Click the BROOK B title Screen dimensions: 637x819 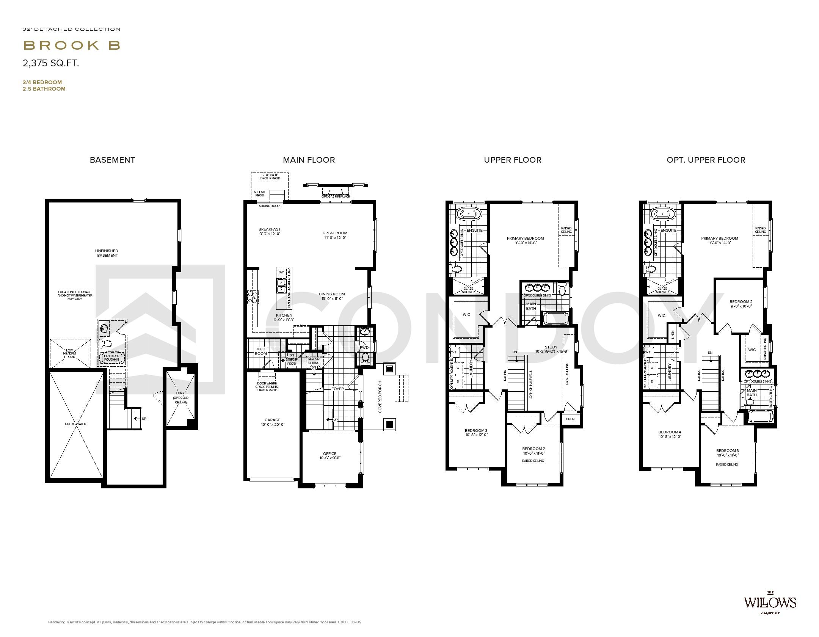72,45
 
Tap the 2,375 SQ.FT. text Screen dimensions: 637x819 51,63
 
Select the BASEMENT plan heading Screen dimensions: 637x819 112,160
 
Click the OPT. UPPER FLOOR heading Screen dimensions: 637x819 706,160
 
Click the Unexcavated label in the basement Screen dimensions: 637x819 75,424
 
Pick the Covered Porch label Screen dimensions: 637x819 380,397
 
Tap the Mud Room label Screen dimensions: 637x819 260,351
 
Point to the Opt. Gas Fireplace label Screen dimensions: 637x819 336,196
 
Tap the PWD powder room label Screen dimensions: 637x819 364,347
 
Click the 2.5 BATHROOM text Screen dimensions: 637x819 44,89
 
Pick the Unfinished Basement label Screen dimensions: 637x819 107,253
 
